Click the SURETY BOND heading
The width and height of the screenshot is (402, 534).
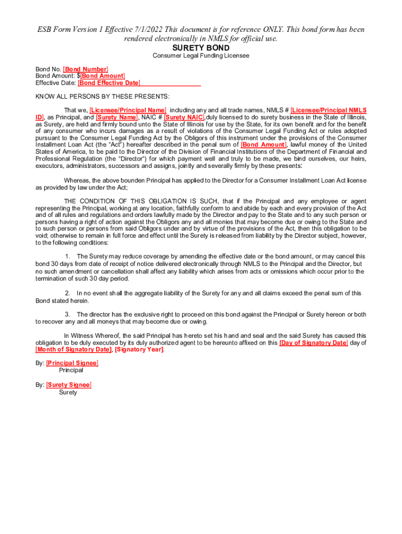click(x=201, y=48)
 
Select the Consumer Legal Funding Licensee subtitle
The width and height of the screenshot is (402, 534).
click(x=201, y=56)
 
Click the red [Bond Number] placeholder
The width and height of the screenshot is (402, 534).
click(x=86, y=69)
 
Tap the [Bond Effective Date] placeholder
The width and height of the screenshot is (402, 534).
click(x=109, y=83)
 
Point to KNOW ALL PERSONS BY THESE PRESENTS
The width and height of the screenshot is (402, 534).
click(x=102, y=96)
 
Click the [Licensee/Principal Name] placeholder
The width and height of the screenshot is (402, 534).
click(x=128, y=111)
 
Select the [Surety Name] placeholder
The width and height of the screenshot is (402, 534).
click(x=117, y=117)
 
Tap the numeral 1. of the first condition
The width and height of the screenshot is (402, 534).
click(x=67, y=257)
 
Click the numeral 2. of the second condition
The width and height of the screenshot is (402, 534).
click(x=67, y=294)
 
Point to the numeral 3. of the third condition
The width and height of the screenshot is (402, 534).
click(x=67, y=314)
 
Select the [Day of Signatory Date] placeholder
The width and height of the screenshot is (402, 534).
click(x=314, y=343)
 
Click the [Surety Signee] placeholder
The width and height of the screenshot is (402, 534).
click(x=68, y=385)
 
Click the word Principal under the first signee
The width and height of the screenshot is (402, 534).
click(x=71, y=371)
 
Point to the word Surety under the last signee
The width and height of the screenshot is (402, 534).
click(x=68, y=393)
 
